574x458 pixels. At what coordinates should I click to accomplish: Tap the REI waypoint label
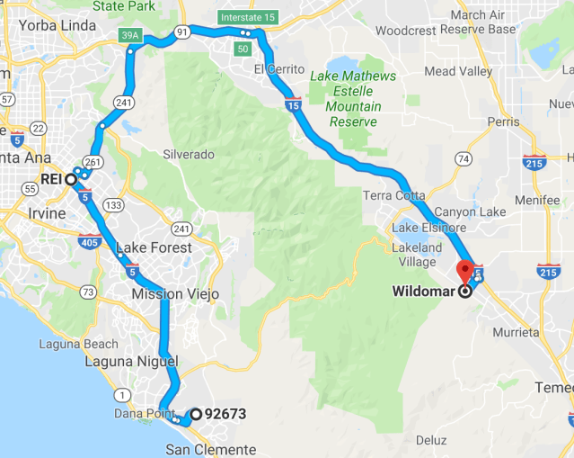[50, 179]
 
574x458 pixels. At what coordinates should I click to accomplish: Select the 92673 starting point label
[225, 415]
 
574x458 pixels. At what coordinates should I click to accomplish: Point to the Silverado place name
[189, 154]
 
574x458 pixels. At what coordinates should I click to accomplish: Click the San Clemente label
[211, 449]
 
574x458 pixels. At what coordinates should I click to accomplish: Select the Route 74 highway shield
[464, 159]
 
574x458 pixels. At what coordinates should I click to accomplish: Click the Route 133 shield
[114, 205]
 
